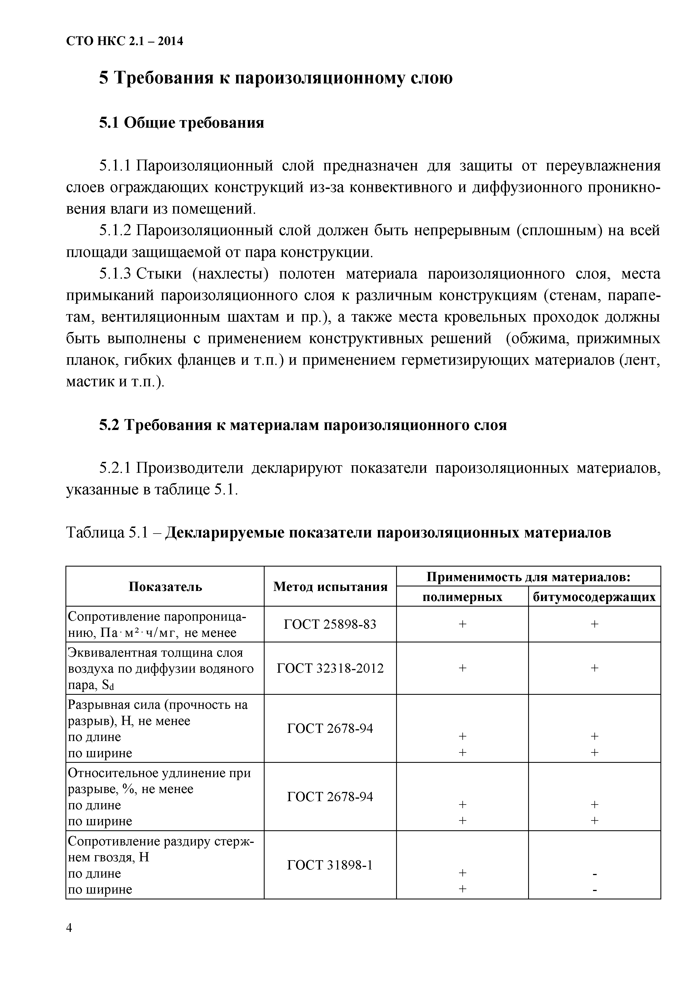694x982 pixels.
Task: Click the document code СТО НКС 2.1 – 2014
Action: pos(124,41)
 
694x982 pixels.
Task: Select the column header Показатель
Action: pos(165,586)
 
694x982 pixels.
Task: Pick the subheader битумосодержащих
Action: pos(594,597)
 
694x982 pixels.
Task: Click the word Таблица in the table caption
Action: pos(95,533)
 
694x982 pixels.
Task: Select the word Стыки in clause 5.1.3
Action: pos(159,274)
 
